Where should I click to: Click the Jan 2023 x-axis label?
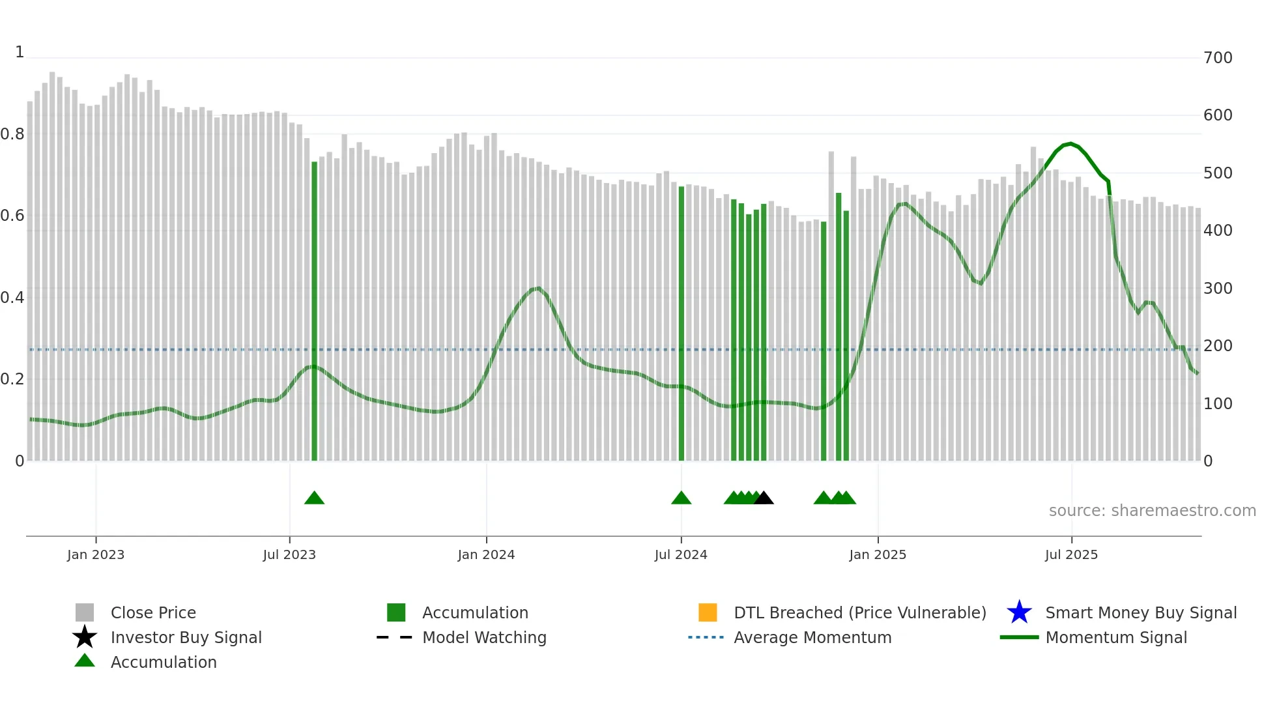click(96, 554)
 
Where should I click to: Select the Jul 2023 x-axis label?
click(289, 554)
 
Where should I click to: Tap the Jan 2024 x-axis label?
click(486, 554)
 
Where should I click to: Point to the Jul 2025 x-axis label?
click(1071, 554)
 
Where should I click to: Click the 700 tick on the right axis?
click(1218, 58)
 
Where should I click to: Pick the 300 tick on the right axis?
click(1218, 289)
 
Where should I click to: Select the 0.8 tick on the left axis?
click(12, 134)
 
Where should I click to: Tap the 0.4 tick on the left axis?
click(12, 298)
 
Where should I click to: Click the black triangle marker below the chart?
click(764, 498)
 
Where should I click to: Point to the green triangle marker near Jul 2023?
click(314, 498)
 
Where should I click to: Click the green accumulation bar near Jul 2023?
click(315, 313)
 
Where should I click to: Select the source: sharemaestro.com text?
click(1152, 511)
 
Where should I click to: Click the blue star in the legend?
click(1019, 612)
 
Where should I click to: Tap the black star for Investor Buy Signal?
click(85, 637)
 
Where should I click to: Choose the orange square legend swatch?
click(708, 612)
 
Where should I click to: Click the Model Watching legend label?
click(484, 637)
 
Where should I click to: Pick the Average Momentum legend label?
click(812, 637)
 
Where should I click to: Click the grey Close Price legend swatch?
click(85, 612)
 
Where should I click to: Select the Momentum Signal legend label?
click(1116, 637)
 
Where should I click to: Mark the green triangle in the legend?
click(85, 661)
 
